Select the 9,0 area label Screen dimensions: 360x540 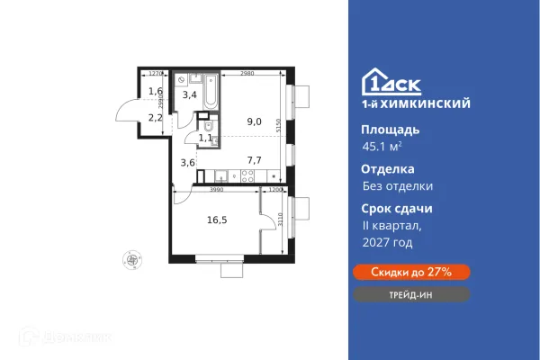[255, 121]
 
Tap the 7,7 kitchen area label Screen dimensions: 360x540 [255, 160]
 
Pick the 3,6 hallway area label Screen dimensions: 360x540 [188, 163]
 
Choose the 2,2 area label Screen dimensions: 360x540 [155, 117]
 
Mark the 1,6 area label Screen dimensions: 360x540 [155, 91]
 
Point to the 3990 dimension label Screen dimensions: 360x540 [216, 190]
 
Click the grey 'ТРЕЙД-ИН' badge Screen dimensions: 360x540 [409, 294]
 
